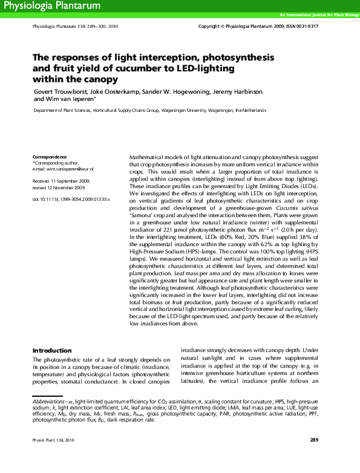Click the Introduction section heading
pyautogui.click(x=52, y=350)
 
